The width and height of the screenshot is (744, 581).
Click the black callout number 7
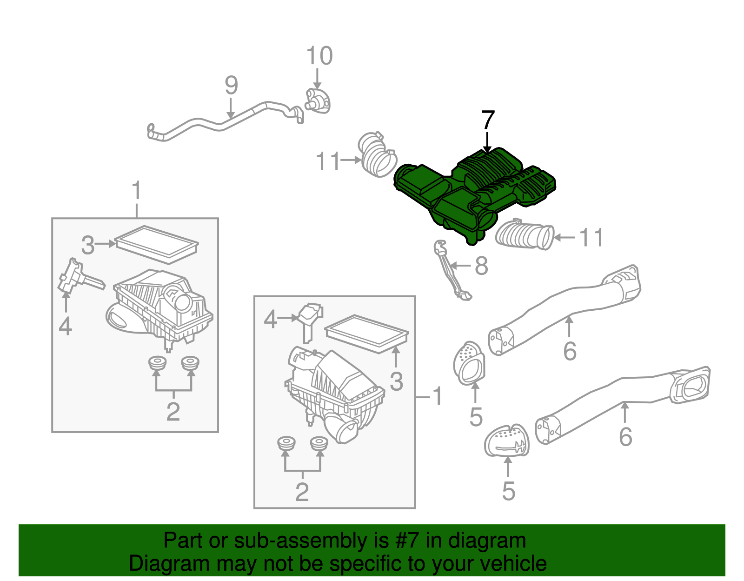tap(488, 120)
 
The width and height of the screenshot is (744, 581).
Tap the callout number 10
tap(319, 56)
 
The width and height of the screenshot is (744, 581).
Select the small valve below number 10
tap(318, 101)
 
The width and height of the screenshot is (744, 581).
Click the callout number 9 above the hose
tap(231, 86)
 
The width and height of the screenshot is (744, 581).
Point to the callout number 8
tap(481, 266)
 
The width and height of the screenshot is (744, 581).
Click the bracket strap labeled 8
tap(449, 272)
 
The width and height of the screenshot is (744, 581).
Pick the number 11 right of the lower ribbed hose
tap(591, 237)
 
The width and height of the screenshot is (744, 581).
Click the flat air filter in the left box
tap(156, 244)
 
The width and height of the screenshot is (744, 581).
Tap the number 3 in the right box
tap(396, 381)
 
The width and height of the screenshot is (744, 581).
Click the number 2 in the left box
tap(173, 412)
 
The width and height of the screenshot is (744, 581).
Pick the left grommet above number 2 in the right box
tap(285, 444)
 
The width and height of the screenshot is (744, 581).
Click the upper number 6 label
tap(570, 351)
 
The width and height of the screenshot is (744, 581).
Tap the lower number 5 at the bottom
tap(508, 491)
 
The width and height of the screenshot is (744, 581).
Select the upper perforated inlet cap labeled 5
tap(469, 363)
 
